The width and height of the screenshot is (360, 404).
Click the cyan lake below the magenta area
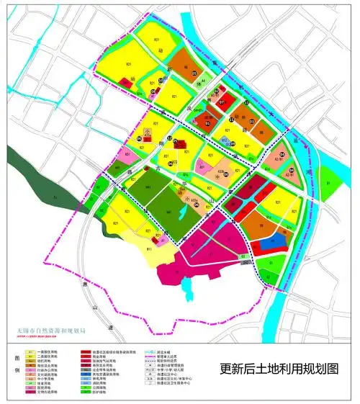188,288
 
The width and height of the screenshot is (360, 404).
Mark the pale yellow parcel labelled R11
148,249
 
